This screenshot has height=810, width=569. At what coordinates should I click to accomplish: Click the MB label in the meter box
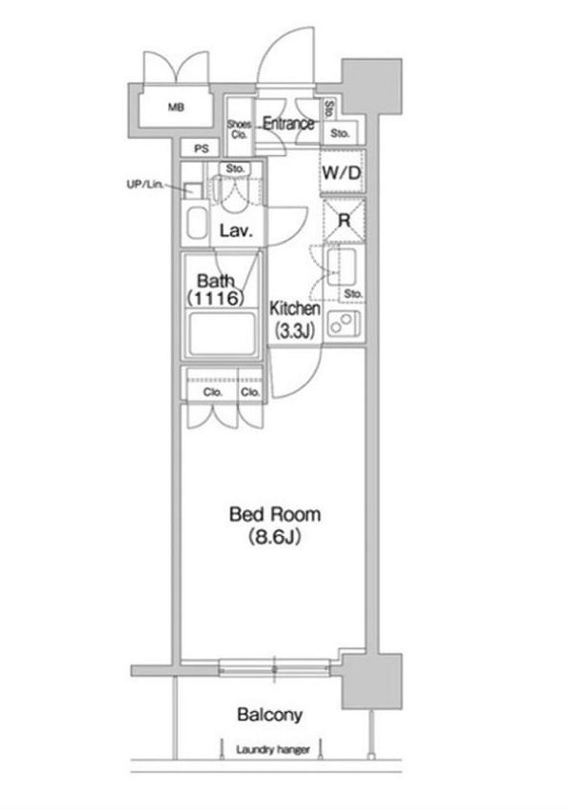coord(175,108)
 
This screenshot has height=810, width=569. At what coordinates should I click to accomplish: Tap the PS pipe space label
coord(201,148)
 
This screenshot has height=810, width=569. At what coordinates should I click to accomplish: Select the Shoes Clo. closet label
coord(238,128)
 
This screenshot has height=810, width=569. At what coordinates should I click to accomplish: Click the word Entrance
coord(288,124)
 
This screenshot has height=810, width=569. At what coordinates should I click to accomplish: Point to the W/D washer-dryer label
coord(340,173)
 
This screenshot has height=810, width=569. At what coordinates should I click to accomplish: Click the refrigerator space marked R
coord(345,217)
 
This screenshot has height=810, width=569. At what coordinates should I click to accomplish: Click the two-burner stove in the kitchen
coord(340,324)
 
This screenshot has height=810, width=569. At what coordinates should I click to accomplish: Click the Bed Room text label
coord(276,515)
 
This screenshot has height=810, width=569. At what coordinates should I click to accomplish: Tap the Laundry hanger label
coord(272,749)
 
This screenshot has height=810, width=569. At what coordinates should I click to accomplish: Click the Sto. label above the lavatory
coord(235,168)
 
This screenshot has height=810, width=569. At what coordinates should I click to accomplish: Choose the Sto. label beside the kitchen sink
coord(352,293)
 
